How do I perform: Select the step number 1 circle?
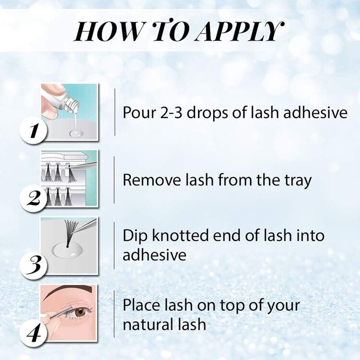tap(33, 129)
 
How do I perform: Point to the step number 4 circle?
tap(33, 330)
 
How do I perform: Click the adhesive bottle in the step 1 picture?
tap(60, 99)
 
